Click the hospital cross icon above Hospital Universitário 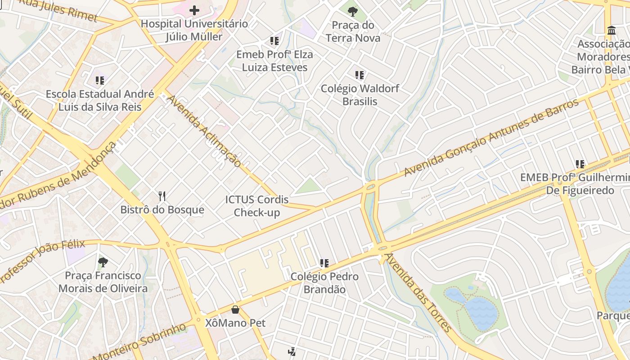click(x=194, y=10)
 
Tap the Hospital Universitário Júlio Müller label click(x=194, y=30)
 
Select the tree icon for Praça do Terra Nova click(x=353, y=12)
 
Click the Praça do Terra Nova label click(x=353, y=31)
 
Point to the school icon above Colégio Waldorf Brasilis click(x=359, y=75)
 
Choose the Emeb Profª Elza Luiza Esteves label click(x=274, y=61)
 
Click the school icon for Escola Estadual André click(x=99, y=81)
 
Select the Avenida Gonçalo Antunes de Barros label click(x=491, y=138)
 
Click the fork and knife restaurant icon click(x=162, y=196)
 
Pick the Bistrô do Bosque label click(x=162, y=210)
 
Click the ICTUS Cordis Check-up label click(x=257, y=206)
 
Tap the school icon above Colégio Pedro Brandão click(x=324, y=263)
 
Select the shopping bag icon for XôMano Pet click(x=235, y=310)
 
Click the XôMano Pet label click(x=235, y=323)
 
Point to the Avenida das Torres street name click(x=418, y=292)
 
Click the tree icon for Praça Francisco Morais click(x=103, y=262)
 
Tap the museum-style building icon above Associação click(x=611, y=31)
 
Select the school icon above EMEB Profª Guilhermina click(x=580, y=164)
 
